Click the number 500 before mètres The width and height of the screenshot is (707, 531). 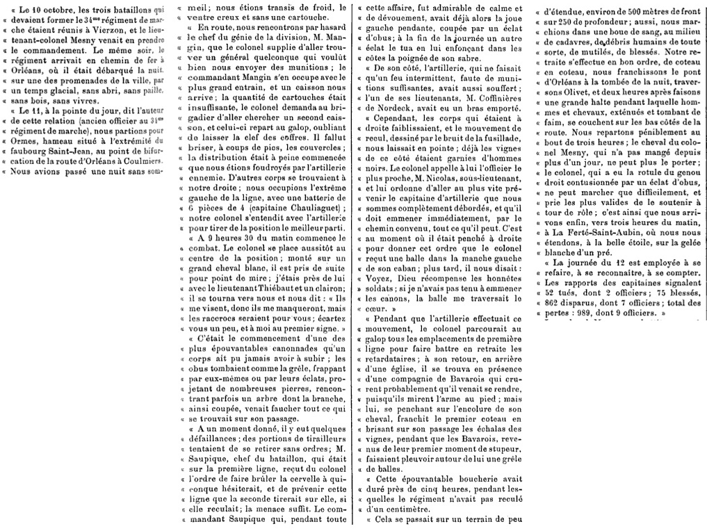pyautogui.click(x=626, y=10)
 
